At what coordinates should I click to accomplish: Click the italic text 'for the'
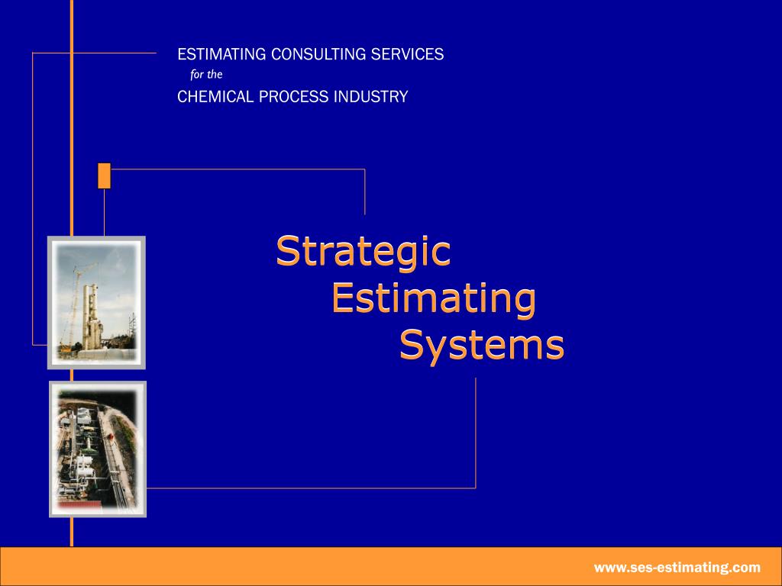(206, 75)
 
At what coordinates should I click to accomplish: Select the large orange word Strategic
(363, 253)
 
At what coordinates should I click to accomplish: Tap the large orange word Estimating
(433, 299)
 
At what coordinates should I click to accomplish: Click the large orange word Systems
(482, 346)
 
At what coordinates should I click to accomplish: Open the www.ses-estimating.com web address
(677, 567)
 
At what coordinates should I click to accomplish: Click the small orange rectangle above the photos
(105, 175)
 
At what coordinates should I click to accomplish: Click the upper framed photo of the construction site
(96, 302)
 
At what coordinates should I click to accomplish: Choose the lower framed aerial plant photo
(97, 449)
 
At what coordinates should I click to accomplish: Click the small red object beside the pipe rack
(111, 438)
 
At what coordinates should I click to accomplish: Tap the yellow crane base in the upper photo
(67, 349)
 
